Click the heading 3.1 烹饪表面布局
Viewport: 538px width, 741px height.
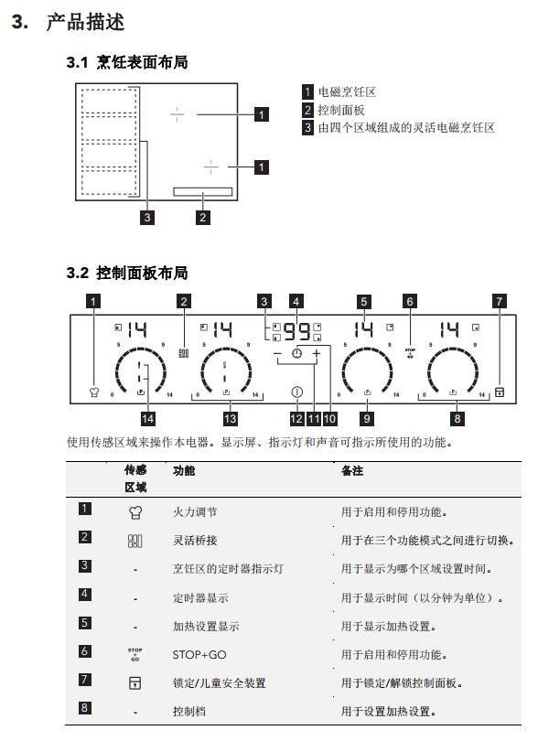[x=127, y=62]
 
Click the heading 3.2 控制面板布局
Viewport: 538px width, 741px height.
[x=127, y=273]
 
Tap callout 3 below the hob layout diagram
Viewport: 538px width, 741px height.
[x=147, y=218]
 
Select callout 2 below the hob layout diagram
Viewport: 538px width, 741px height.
[x=203, y=218]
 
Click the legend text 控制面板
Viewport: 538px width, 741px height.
[x=341, y=110]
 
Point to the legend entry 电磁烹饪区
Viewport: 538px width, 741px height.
[x=347, y=91]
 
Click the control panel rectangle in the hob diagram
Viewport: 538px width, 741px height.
[x=203, y=191]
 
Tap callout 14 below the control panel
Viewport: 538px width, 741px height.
[x=147, y=419]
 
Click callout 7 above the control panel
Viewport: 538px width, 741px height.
[x=500, y=301]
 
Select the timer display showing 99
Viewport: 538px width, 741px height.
[x=296, y=331]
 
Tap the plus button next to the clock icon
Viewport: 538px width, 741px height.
[x=316, y=353]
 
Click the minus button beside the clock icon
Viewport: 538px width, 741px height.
[x=277, y=353]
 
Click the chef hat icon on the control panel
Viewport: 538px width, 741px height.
[x=94, y=392]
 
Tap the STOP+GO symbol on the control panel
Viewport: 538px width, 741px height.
[x=410, y=353]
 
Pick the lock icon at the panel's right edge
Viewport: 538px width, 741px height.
[x=500, y=392]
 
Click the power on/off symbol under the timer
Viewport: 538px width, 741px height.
[x=296, y=392]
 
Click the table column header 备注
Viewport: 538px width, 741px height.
[x=352, y=471]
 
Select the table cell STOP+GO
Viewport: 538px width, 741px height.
[x=199, y=654]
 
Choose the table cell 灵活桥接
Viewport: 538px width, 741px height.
[x=195, y=540]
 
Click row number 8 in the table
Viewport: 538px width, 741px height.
[x=84, y=707]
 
